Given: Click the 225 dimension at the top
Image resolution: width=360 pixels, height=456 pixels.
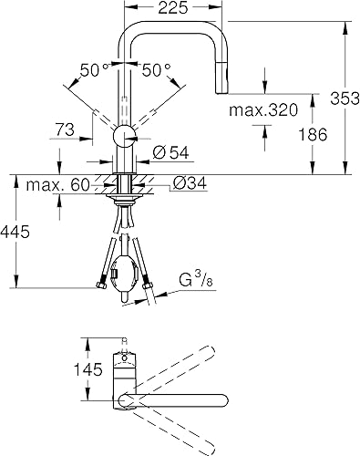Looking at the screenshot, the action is coord(173,8).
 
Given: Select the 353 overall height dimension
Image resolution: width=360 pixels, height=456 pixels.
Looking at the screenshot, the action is coord(345,98).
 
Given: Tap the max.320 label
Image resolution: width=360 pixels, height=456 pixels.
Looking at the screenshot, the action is coord(263,110).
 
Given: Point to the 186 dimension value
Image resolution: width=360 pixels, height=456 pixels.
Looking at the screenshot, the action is coord(313,134).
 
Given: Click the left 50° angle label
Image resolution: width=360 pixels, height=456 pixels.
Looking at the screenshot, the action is coord(95,70).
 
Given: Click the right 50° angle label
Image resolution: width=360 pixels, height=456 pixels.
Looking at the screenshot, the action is coord(157,70).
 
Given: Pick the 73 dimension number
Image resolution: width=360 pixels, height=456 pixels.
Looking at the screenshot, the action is coord(65,130).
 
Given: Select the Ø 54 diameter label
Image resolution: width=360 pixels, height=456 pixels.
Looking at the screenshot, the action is coord(170,152).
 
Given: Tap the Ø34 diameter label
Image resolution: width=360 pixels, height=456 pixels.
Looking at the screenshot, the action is coord(190,183).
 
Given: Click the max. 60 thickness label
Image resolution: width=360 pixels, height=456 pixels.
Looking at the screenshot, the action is coord(57,184).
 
